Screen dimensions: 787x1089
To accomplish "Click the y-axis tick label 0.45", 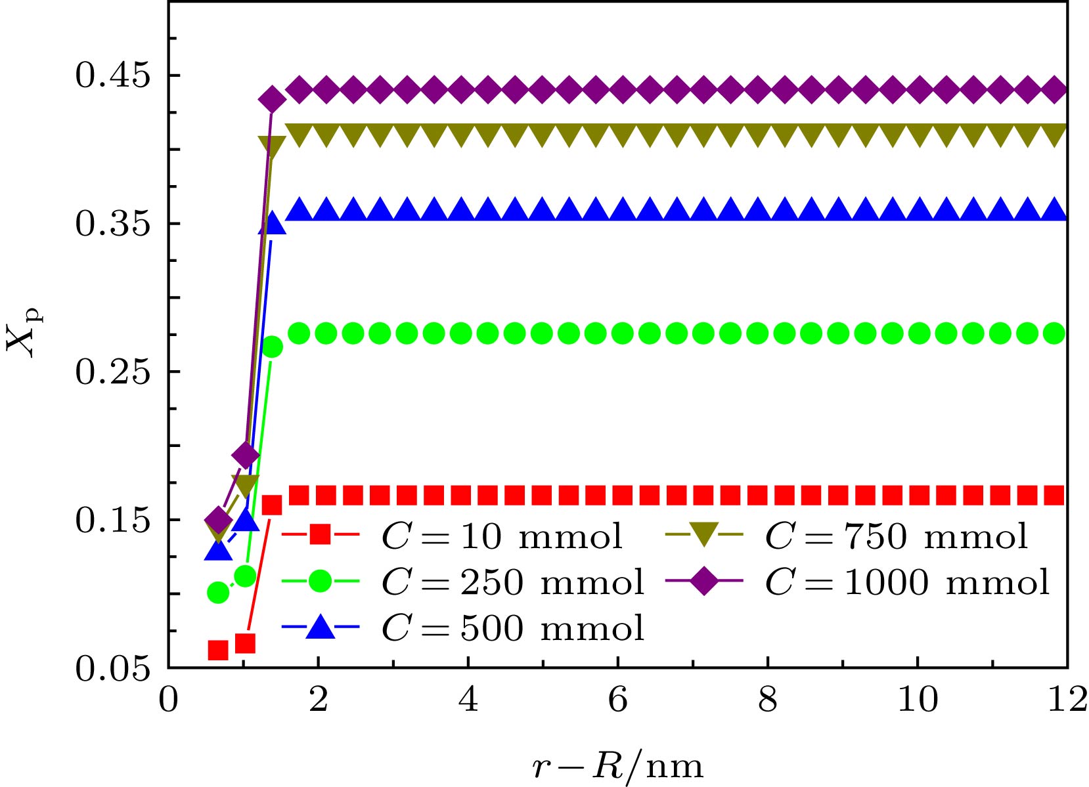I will click(x=113, y=75).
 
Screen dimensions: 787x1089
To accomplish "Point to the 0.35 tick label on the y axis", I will click(x=113, y=224).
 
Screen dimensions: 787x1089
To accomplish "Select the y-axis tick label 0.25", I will click(x=113, y=372).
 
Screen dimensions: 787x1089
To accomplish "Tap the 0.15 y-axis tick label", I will click(x=113, y=521).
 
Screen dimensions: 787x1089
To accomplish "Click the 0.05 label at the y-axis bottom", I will click(x=113, y=670).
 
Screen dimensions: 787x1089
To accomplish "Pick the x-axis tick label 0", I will click(x=169, y=700).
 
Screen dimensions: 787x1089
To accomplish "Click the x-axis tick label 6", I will click(x=618, y=700).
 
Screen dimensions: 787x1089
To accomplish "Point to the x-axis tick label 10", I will click(x=917, y=700).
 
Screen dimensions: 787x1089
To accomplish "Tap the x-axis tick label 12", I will click(x=1067, y=700).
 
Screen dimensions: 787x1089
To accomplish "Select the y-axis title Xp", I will click(x=24, y=334).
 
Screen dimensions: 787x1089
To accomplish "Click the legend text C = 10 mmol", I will click(x=502, y=537).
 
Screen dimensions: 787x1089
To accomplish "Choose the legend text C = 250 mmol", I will click(x=512, y=582).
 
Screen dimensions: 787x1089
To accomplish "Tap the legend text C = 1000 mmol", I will click(x=907, y=582).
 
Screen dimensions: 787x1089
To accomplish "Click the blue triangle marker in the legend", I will click(x=321, y=627).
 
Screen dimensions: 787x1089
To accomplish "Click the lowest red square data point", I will click(x=218, y=650).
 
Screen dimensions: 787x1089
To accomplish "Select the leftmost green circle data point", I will click(x=218, y=593).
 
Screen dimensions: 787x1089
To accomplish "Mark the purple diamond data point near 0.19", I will click(x=246, y=454).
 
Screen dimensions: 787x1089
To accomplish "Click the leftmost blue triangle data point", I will click(x=218, y=550).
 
